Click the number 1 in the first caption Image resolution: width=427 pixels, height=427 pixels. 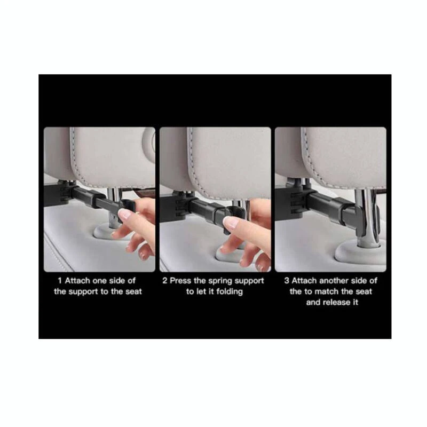(60, 281)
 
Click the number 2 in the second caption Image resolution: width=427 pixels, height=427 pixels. (165, 281)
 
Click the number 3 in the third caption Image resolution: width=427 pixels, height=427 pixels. (287, 281)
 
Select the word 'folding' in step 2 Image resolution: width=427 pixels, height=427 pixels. (230, 291)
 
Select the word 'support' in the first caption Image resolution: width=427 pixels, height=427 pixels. (83, 292)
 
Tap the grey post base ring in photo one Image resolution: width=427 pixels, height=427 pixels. (109, 232)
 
